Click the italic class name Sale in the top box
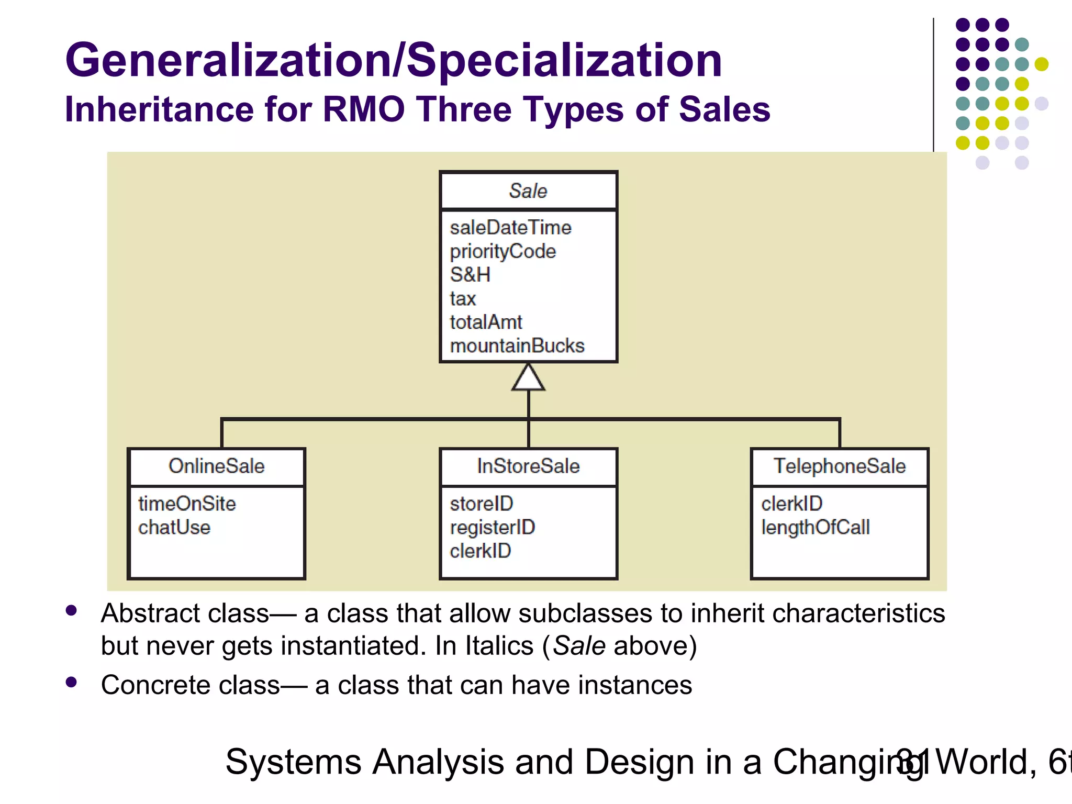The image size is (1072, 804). (x=528, y=191)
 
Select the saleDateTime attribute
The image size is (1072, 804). (x=510, y=228)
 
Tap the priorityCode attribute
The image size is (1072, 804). (x=502, y=252)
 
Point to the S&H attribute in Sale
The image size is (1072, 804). (x=470, y=275)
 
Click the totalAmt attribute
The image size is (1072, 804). (x=486, y=322)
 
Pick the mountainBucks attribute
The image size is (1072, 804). (x=517, y=345)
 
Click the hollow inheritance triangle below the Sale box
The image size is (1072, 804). (x=528, y=378)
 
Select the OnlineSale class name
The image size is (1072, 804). (x=217, y=466)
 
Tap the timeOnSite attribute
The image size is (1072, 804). (x=187, y=504)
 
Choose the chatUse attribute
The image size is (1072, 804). (x=174, y=527)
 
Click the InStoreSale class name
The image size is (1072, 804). (x=528, y=466)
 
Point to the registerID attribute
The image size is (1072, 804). (x=493, y=527)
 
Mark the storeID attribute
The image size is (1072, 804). (x=482, y=504)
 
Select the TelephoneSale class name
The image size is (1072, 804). (x=840, y=466)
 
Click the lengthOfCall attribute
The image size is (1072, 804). (x=816, y=527)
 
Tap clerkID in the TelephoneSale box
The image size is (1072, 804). (x=792, y=504)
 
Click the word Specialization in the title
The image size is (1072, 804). (x=564, y=60)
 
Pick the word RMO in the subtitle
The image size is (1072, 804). (x=364, y=109)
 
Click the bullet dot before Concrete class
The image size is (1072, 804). (x=72, y=682)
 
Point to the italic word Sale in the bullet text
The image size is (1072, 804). (x=579, y=645)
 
